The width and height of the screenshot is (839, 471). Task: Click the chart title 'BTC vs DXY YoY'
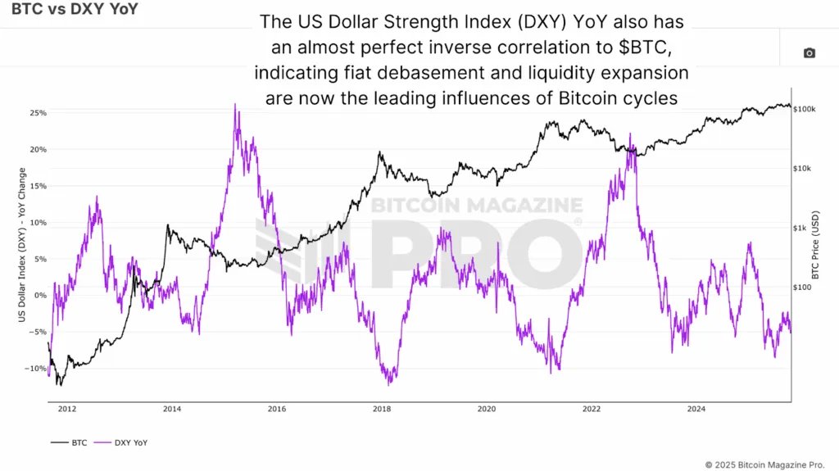69,11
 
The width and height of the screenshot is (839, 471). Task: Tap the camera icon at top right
809,53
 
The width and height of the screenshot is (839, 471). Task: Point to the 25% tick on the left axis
38,113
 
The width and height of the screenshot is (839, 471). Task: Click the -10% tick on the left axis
36,369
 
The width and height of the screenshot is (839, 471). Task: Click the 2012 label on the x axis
67,407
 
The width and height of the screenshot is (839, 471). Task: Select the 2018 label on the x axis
381,407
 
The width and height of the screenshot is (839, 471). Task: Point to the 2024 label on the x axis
696,407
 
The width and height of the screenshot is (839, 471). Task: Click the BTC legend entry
73,442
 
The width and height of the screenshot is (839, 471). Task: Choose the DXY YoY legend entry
123,442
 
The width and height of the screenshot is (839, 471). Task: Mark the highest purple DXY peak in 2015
235,105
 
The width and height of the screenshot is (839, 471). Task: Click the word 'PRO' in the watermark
475,254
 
